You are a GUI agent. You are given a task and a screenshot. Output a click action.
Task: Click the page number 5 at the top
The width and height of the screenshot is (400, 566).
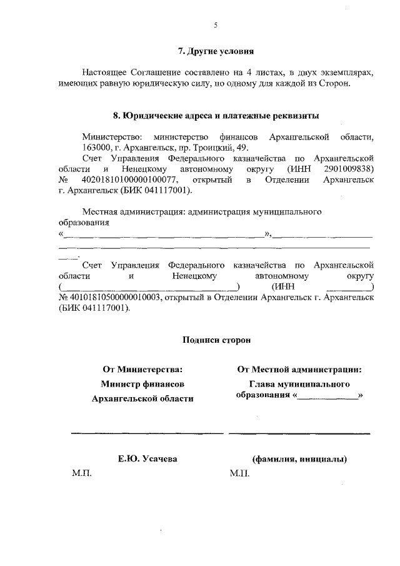(216, 25)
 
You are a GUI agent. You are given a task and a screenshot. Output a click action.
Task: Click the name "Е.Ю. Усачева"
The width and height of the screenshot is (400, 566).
(147, 459)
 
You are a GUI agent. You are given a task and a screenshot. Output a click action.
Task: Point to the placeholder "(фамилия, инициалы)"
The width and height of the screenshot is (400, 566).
(299, 459)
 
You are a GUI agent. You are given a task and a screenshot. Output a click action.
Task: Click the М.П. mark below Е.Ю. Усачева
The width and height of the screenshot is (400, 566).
(82, 474)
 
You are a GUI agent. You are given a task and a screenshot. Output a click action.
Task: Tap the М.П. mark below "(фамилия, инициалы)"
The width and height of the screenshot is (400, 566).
(239, 474)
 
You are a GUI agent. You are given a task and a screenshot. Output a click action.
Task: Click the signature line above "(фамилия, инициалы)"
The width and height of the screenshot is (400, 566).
(299, 432)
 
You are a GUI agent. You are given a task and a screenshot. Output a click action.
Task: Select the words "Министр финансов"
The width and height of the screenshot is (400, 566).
(142, 383)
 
